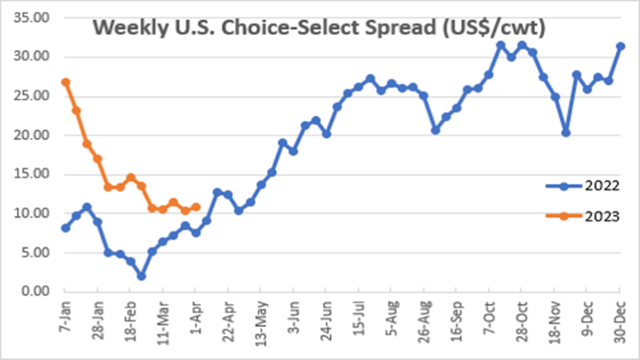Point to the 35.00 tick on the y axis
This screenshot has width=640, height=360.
32,17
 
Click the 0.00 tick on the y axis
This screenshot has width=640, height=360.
35,292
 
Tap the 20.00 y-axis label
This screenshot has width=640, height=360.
32,135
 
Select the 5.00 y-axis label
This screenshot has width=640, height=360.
35,253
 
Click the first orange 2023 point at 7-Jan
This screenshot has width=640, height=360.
66,83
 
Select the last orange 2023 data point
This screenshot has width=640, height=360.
195,206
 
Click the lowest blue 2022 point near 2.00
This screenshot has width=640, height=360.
141,276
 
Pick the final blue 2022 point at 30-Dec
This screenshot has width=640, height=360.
620,46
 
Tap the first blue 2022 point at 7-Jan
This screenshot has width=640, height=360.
66,228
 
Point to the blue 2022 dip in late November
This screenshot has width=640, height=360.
566,132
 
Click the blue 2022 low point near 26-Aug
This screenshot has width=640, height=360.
435,130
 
